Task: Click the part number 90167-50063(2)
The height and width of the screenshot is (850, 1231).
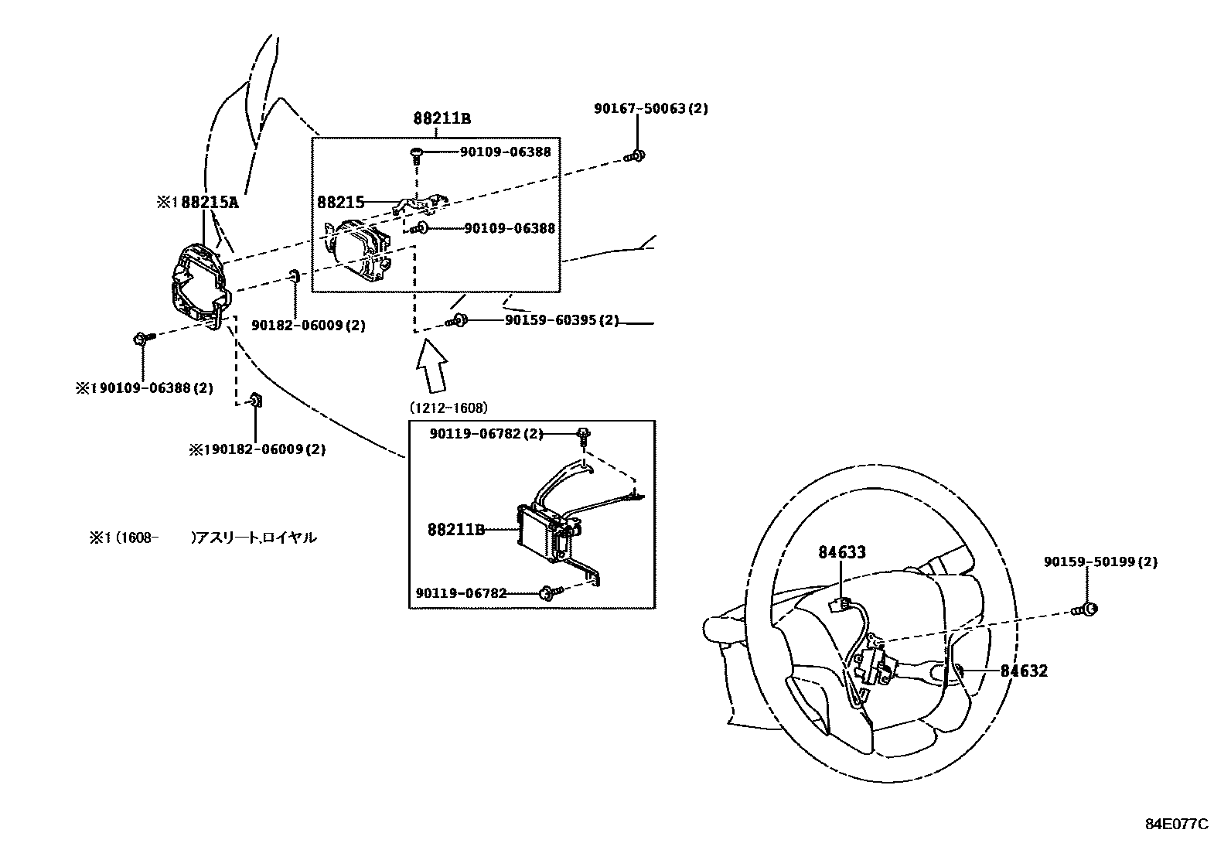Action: pos(650,109)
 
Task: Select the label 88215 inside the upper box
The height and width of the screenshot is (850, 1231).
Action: pos(340,203)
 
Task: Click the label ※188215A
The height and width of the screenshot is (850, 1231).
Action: pos(197,203)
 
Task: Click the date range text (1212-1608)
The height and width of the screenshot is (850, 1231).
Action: pos(448,408)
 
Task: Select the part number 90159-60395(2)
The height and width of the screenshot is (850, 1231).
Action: pos(561,319)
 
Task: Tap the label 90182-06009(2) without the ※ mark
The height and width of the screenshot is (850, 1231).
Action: pos(309,326)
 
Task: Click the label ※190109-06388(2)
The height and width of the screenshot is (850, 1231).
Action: pos(144,388)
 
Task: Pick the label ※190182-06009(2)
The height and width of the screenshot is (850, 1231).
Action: pos(257,449)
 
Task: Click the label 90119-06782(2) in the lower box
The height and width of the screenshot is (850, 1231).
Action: pos(486,435)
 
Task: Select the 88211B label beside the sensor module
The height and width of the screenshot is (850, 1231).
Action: pos(455,530)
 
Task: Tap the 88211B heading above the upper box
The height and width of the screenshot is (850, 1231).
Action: pos(442,118)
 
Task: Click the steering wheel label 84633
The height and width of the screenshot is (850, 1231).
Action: pos(842,552)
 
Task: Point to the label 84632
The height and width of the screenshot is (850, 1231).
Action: pos(1024,671)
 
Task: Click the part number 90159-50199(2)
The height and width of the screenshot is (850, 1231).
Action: pos(1100,562)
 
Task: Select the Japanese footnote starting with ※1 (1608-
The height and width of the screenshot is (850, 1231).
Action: pos(203,538)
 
